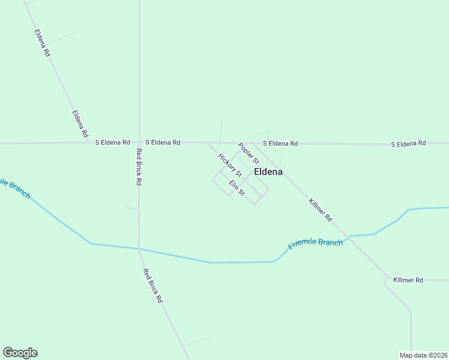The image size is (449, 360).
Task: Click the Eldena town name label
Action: pyautogui.click(x=268, y=172)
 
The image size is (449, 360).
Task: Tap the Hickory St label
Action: pyautogui.click(x=230, y=166)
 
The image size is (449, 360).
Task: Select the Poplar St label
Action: pyautogui.click(x=248, y=154)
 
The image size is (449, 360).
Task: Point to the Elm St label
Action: pyautogui.click(x=237, y=188)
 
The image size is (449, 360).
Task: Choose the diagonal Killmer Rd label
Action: pyautogui.click(x=321, y=211)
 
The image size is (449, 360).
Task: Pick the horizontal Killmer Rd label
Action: pyautogui.click(x=408, y=280)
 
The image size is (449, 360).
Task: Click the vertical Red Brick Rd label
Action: pyautogui.click(x=139, y=166)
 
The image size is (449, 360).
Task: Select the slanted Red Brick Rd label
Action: pyautogui.click(x=152, y=285)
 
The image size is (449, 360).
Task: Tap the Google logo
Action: pyautogui.click(x=20, y=353)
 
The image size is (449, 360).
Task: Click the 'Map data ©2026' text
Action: pyautogui.click(x=423, y=355)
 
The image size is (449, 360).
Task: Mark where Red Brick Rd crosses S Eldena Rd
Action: pyautogui.click(x=139, y=143)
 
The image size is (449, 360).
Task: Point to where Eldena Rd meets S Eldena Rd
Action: pyautogui.click(x=88, y=143)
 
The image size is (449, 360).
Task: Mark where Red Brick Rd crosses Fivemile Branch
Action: pyautogui.click(x=139, y=248)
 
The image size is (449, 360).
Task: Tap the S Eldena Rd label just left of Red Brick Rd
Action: pyautogui.click(x=112, y=143)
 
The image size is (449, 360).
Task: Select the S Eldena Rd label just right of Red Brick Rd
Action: pyautogui.click(x=163, y=143)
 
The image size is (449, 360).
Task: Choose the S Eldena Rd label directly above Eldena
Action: pyautogui.click(x=280, y=143)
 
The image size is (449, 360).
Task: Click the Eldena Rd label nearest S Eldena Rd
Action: pyautogui.click(x=80, y=123)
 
